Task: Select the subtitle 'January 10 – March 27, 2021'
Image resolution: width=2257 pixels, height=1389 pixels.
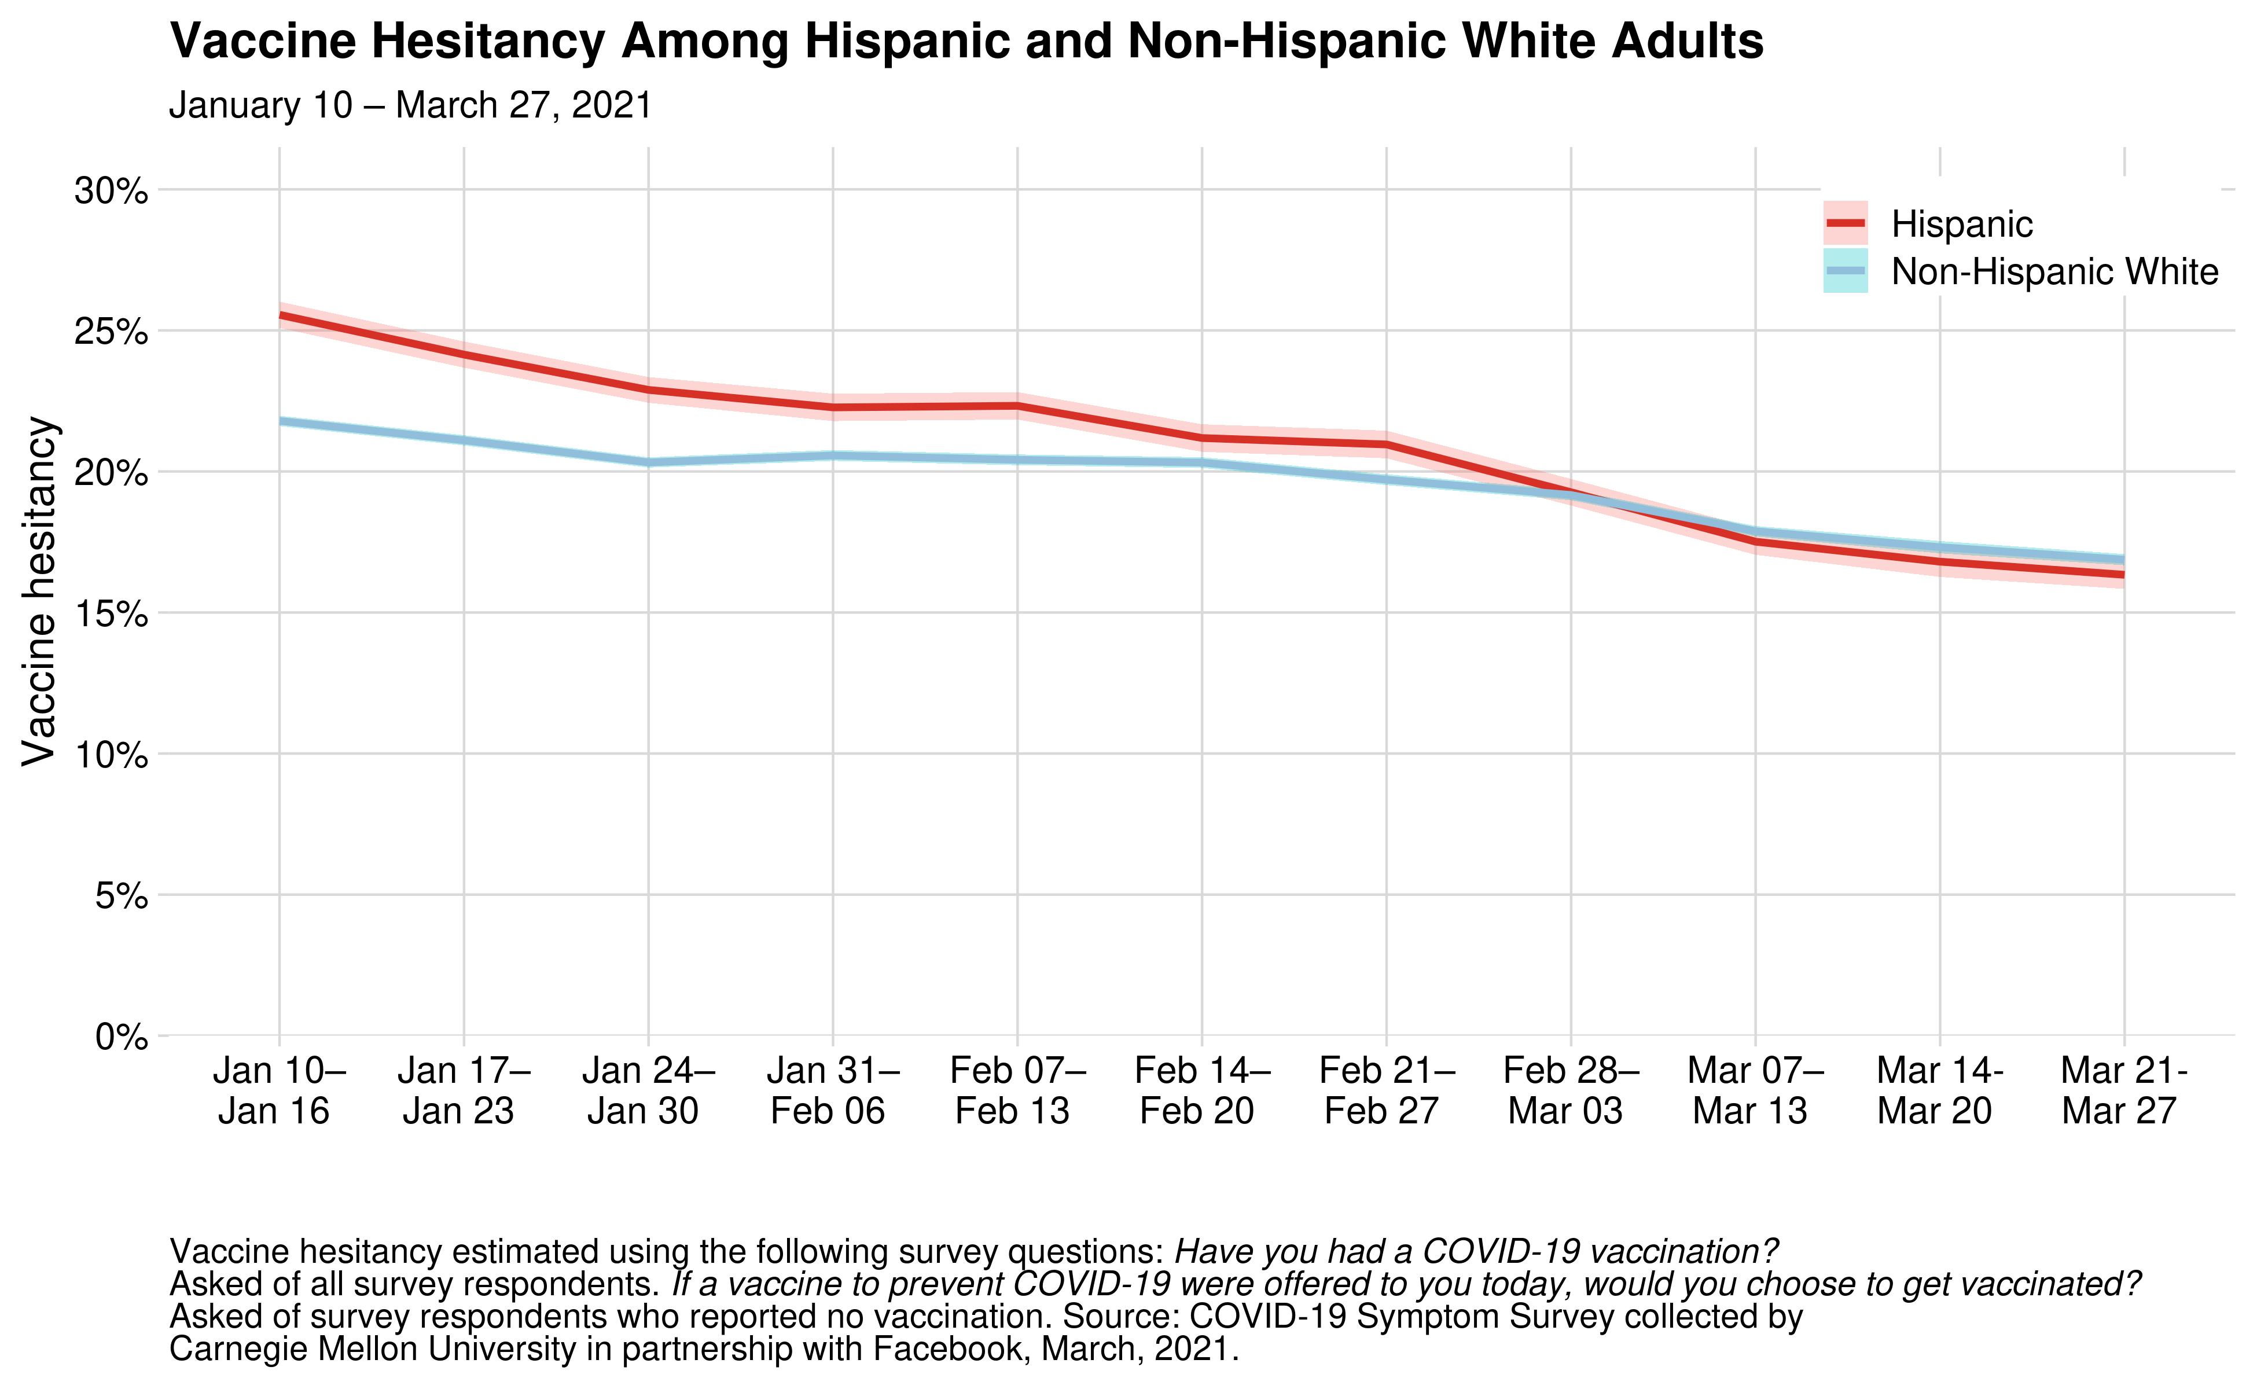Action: tap(410, 106)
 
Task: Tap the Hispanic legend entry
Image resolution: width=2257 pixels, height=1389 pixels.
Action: tap(1962, 224)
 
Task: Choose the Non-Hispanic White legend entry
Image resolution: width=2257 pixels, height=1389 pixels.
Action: tap(2054, 272)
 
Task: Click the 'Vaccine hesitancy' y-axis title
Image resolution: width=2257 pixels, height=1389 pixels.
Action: tap(39, 591)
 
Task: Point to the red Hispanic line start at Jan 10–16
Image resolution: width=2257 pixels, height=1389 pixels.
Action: tap(280, 315)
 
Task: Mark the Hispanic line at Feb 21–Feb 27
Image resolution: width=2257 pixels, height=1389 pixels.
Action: tap(1386, 444)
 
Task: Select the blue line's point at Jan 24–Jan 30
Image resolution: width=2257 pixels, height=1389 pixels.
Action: tap(649, 462)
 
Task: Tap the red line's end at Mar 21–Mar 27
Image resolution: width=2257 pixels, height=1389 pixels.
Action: tap(2123, 574)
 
